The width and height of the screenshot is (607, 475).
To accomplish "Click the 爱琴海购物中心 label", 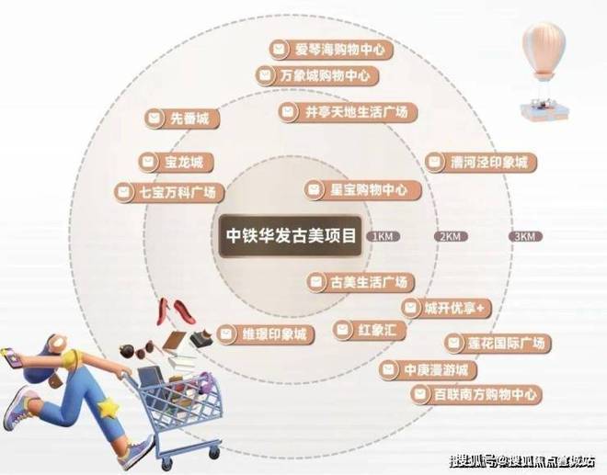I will (332, 50).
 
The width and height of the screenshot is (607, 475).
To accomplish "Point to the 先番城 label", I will (184, 119).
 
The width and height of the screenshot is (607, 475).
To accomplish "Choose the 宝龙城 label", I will (177, 163).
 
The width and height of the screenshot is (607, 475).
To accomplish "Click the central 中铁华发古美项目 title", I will (292, 233).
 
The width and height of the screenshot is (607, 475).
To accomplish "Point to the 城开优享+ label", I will (444, 307).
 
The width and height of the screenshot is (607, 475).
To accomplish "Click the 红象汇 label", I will (365, 329).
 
